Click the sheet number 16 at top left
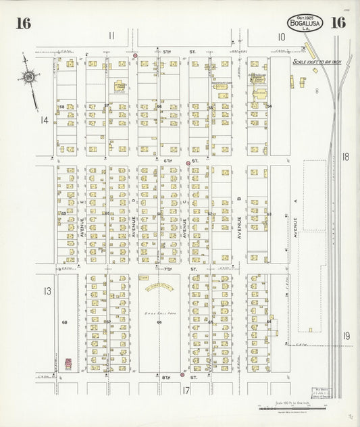[23, 23]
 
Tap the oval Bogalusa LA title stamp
[305, 22]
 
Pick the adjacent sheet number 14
[44, 120]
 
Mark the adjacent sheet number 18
[346, 157]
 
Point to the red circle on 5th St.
[135, 55]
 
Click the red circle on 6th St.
[188, 163]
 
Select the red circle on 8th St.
[182, 374]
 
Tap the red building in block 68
[68, 363]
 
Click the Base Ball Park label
[159, 314]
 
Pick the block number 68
[65, 322]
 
